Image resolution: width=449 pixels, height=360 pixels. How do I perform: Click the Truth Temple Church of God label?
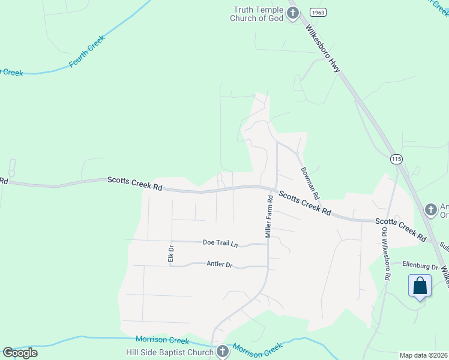click(258, 13)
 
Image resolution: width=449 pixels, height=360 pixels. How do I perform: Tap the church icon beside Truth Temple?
click(293, 14)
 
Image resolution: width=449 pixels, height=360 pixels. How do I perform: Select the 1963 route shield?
click(318, 12)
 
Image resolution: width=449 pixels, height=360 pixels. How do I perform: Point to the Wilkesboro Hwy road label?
click(322, 49)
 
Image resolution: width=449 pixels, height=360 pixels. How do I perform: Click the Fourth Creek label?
click(87, 52)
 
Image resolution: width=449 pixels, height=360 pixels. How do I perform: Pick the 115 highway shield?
click(396, 158)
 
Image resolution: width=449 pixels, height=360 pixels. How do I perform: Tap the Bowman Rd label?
click(310, 183)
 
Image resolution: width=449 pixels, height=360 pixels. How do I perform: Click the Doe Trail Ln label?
click(220, 242)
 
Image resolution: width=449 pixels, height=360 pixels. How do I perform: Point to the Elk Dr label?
click(171, 253)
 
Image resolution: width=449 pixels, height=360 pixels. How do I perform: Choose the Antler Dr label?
click(219, 264)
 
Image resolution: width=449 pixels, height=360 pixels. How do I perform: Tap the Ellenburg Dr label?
click(420, 266)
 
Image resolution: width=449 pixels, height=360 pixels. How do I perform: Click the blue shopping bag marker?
click(420, 286)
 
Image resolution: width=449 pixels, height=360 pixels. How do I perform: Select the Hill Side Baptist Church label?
click(169, 352)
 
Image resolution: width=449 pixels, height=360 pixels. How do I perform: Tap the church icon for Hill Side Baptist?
click(223, 351)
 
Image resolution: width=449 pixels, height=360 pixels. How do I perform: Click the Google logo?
click(20, 353)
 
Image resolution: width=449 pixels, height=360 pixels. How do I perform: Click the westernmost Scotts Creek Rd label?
click(135, 184)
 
